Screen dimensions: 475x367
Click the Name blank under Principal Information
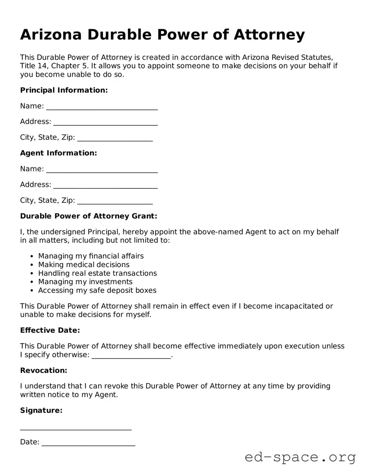(x=102, y=107)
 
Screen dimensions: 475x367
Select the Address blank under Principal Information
(x=105, y=122)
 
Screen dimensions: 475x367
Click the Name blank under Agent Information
(x=102, y=170)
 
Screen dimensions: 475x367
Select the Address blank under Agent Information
(x=105, y=185)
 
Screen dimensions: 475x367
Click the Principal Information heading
(x=63, y=90)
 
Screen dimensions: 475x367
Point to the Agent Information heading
(x=58, y=153)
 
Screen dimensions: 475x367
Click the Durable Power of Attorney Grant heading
(x=88, y=216)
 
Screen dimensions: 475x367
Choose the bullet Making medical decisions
(x=83, y=264)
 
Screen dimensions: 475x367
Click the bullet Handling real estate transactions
(x=97, y=273)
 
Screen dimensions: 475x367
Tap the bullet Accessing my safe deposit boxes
(x=97, y=290)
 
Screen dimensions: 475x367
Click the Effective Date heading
(x=50, y=331)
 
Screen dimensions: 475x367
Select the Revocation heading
(x=43, y=371)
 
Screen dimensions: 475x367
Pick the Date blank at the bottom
(x=88, y=443)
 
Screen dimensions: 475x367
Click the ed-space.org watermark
(x=300, y=457)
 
